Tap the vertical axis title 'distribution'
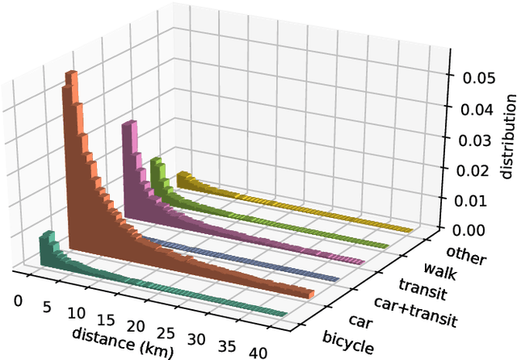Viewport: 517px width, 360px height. click(x=507, y=137)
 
